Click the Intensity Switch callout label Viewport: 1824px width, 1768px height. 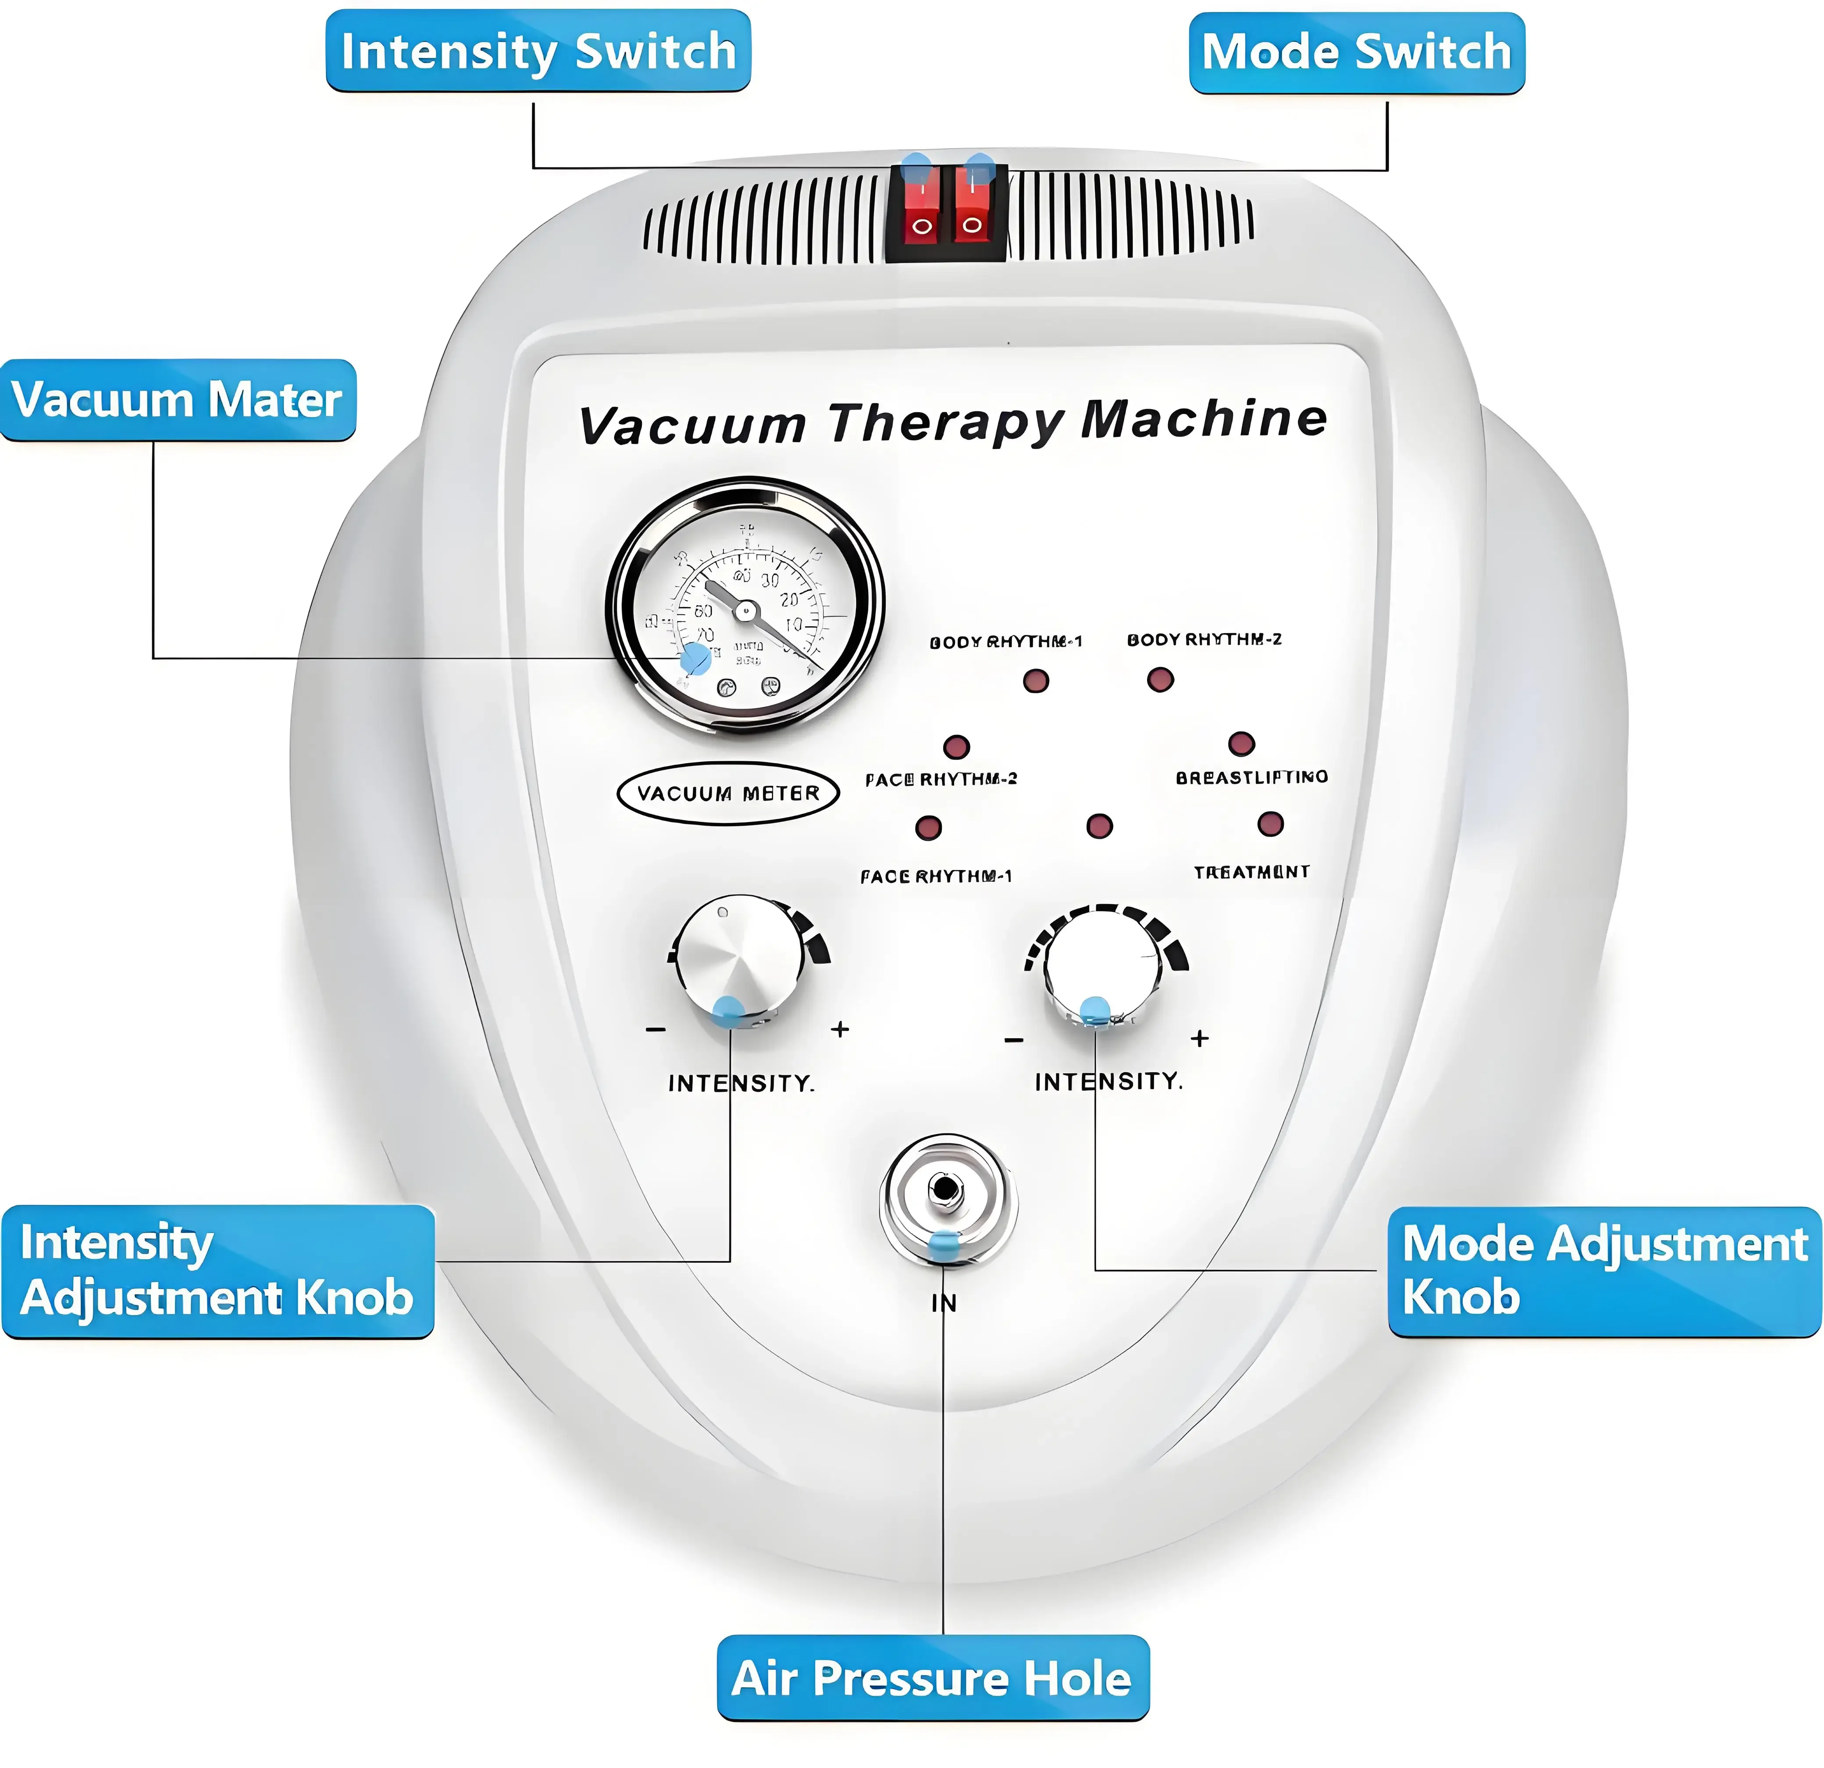538,51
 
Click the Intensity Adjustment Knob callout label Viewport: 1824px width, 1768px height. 217,1271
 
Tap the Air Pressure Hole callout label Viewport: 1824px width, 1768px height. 933,1678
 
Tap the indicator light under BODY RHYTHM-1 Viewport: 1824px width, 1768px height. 1036,681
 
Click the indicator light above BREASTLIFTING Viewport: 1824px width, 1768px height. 1241,744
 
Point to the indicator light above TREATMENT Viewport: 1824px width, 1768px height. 1270,823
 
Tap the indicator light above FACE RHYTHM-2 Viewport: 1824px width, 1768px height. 957,746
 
